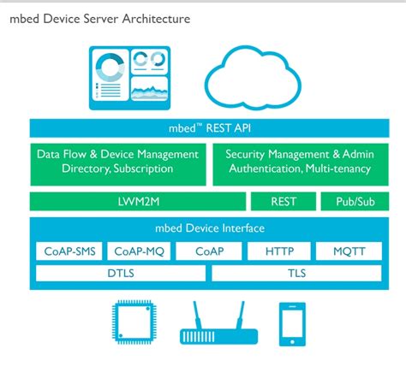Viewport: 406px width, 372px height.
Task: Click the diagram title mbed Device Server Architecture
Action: point(100,18)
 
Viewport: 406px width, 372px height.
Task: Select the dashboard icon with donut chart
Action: point(128,78)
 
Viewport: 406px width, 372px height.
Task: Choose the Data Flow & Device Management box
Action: point(118,162)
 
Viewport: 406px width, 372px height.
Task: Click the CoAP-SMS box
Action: point(68,251)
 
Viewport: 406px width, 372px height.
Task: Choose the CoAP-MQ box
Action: point(137,251)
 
